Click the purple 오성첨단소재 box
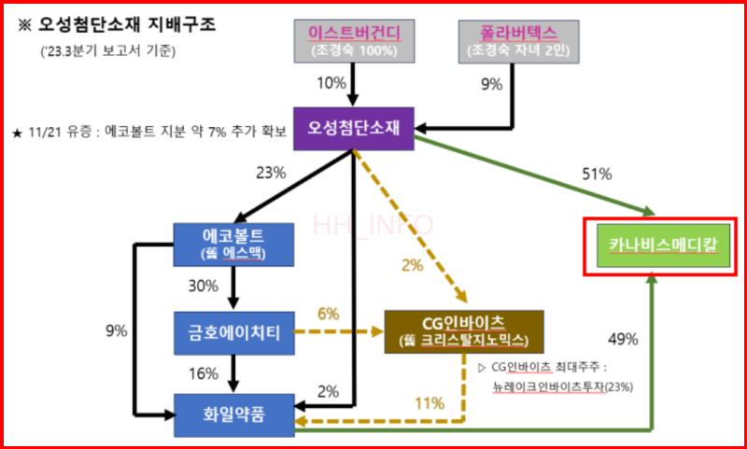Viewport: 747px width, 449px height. [353, 129]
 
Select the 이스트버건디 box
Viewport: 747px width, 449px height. [354, 42]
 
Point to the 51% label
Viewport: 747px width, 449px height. [596, 174]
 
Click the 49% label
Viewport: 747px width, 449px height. [622, 339]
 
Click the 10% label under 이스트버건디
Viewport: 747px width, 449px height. [331, 84]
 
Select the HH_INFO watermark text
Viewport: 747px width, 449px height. [373, 225]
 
